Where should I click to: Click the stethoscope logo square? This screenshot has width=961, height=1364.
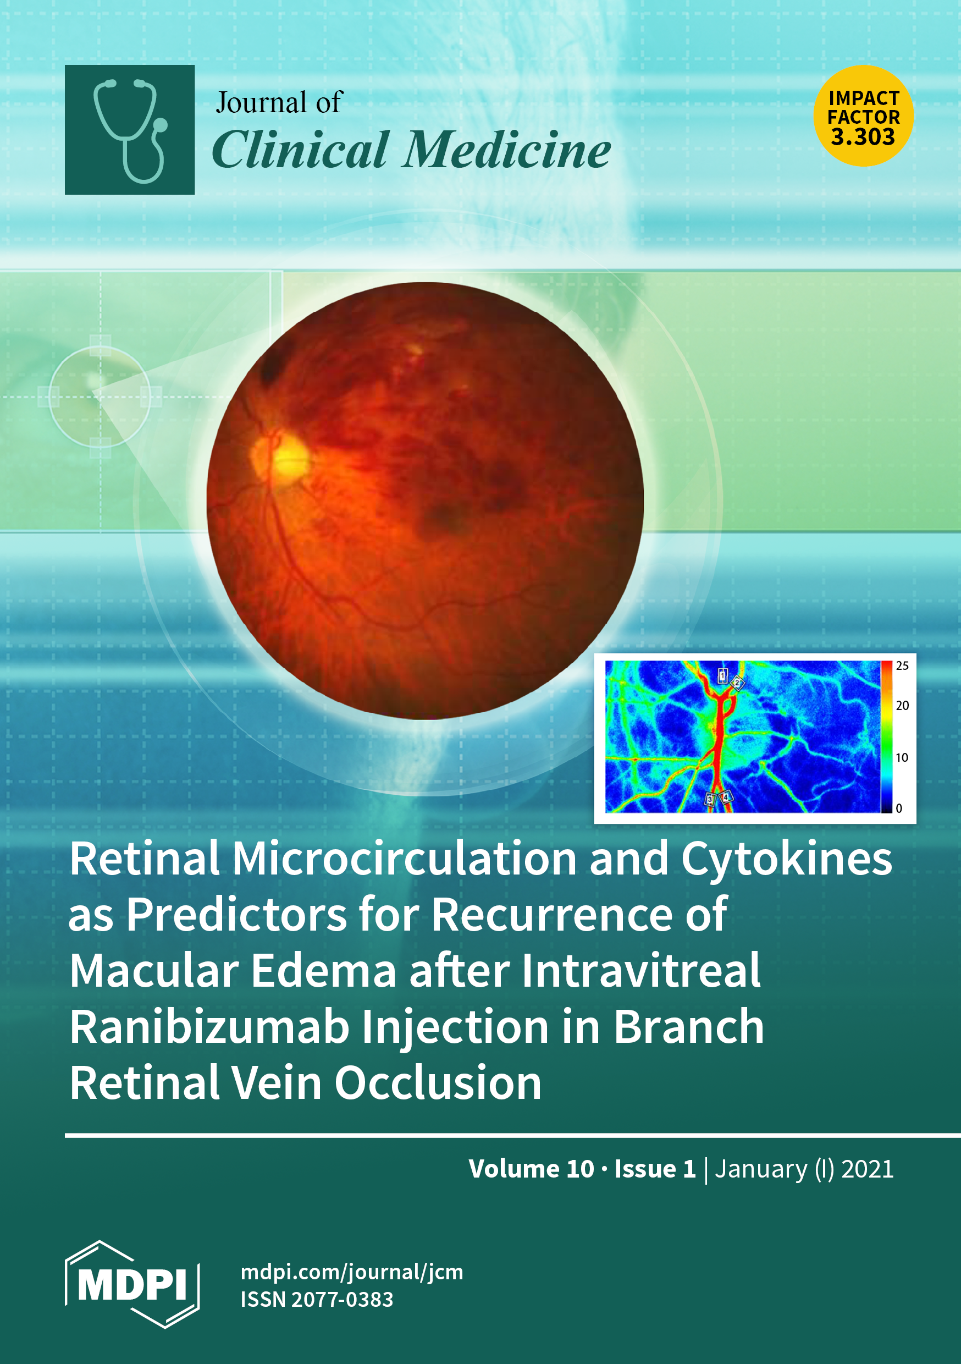pyautogui.click(x=130, y=129)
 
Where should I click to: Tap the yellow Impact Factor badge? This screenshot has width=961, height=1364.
pyautogui.click(x=863, y=116)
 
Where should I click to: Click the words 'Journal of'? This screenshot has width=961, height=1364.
pyautogui.click(x=279, y=102)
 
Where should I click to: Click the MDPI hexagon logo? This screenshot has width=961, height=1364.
pyautogui.click(x=132, y=1284)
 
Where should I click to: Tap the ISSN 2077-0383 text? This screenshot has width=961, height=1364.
pyautogui.click(x=317, y=1299)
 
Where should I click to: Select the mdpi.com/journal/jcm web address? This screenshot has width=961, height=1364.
pyautogui.click(x=352, y=1272)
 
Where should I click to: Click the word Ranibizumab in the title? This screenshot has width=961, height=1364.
pyautogui.click(x=209, y=1028)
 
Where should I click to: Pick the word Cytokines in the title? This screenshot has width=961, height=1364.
pyautogui.click(x=786, y=860)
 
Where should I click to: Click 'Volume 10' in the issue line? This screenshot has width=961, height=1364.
pyautogui.click(x=531, y=1169)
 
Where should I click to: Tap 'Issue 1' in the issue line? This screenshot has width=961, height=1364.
pyautogui.click(x=655, y=1169)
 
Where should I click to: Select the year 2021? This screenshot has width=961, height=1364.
pyautogui.click(x=867, y=1169)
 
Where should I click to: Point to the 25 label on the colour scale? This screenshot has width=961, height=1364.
pyautogui.click(x=902, y=666)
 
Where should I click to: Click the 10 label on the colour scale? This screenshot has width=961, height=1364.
pyautogui.click(x=902, y=757)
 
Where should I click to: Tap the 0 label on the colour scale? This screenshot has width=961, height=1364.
pyautogui.click(x=899, y=809)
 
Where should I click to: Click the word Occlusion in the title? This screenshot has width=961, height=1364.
pyautogui.click(x=438, y=1083)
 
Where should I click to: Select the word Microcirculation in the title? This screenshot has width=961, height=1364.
pyautogui.click(x=405, y=859)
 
